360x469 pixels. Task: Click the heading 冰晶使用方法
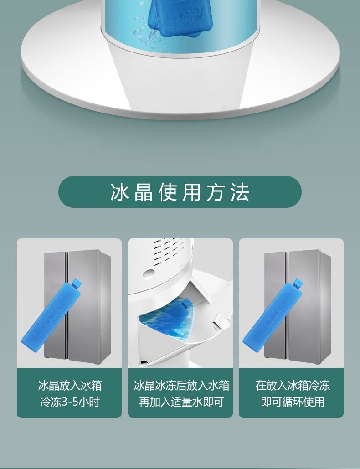tap(180, 192)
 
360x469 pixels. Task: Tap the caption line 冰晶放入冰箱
tap(70, 386)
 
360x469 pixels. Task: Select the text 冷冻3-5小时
tap(70, 402)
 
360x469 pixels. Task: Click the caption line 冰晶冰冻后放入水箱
tap(181, 386)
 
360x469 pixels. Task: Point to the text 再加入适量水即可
tap(181, 402)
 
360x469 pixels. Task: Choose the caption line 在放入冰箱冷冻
tap(293, 386)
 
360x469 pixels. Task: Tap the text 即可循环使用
tap(293, 402)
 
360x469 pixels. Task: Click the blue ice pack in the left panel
tap(52, 315)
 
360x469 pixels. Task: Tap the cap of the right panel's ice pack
tap(297, 283)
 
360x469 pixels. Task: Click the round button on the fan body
tap(149, 273)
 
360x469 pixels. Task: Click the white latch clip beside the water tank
tap(221, 321)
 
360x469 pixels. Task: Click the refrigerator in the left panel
tap(77, 307)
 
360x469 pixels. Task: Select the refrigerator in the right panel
tap(298, 307)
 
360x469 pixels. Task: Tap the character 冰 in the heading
tap(119, 192)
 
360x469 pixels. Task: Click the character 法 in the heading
tap(240, 192)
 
